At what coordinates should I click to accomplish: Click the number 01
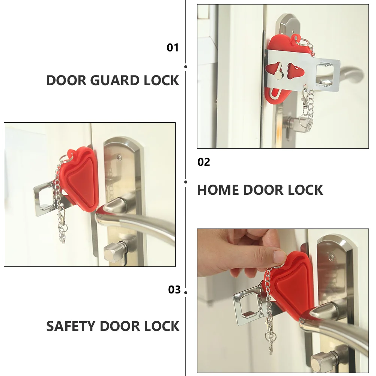point(173,48)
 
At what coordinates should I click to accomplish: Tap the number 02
point(204,162)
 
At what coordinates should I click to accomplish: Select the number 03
point(174,290)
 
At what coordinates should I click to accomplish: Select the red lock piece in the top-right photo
point(285,71)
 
